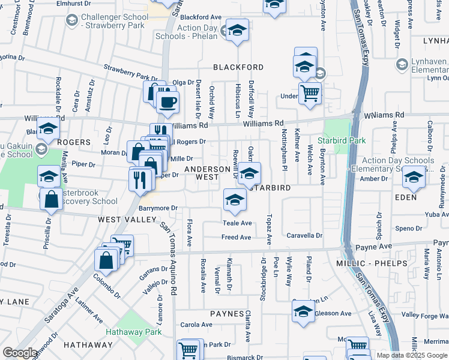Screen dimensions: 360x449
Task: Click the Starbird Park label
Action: (349, 140)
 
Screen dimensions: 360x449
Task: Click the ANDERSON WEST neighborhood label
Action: (207, 173)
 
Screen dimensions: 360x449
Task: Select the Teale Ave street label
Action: (237, 223)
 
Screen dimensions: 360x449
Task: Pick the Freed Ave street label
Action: (236, 238)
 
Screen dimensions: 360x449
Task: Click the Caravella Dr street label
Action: (304, 235)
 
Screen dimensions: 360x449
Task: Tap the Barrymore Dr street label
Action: (158, 208)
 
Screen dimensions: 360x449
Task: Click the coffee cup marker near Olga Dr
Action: (167, 101)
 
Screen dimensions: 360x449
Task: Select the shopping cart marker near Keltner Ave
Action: (310, 93)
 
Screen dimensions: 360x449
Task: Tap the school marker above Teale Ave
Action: (235, 200)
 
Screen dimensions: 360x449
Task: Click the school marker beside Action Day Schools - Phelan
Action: (237, 31)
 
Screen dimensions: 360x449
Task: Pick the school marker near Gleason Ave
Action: (304, 311)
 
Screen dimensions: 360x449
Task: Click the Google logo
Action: (20, 353)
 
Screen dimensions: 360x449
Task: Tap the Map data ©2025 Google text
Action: (412, 355)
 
